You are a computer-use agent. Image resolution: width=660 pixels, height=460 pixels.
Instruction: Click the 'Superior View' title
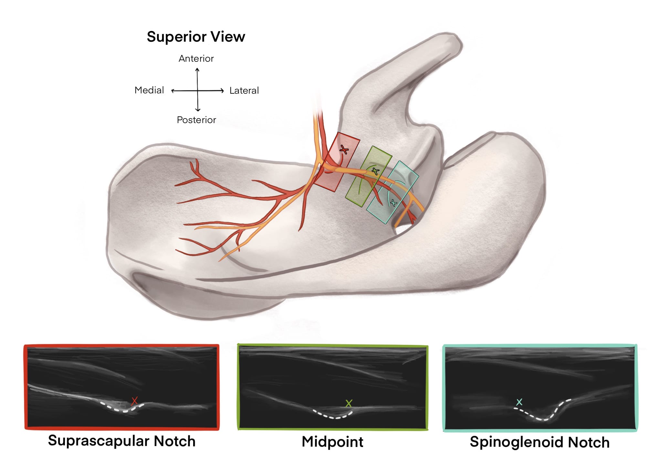pos(196,37)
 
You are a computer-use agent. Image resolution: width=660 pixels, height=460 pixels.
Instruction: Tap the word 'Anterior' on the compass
pos(196,58)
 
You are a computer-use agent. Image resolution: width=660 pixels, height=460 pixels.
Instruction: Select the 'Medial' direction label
pos(149,90)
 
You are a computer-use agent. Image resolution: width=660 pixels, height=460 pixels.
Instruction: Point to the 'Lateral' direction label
pos(244,90)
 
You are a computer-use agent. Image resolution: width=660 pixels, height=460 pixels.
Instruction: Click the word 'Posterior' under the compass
pos(196,120)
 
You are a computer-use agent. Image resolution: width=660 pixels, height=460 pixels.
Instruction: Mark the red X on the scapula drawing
pos(344,150)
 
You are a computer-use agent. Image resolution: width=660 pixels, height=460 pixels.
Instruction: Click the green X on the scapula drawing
pos(375,171)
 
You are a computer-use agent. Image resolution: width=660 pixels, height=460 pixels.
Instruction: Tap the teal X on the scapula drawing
pos(393,203)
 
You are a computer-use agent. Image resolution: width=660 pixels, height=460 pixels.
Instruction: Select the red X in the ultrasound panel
pos(134,401)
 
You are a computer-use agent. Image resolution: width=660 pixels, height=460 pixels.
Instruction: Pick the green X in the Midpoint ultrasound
pos(349,403)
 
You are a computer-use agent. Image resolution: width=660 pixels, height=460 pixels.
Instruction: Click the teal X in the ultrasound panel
pos(519,402)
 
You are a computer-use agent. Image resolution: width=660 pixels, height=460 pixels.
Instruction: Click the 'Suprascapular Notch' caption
pos(122,441)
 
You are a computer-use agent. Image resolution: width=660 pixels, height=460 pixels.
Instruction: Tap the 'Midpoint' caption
pos(332,442)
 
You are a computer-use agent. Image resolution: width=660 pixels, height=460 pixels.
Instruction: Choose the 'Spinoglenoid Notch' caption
pos(540,442)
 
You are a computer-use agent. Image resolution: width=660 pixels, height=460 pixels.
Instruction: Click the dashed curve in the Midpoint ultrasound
pos(333,417)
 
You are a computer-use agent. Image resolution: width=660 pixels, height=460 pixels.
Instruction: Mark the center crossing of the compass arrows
pos(198,90)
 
